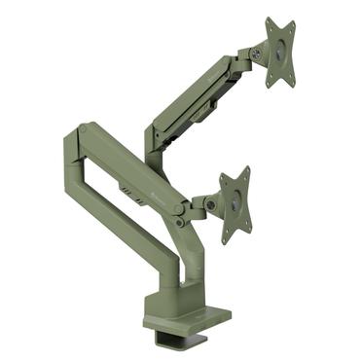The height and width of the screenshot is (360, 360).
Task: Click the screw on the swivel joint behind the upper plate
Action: tap(255, 52)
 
